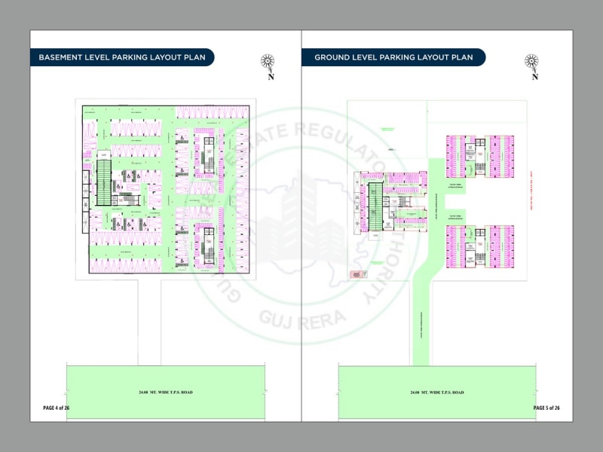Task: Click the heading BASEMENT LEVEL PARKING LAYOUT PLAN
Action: [121, 57]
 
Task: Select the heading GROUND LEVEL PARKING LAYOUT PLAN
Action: [393, 57]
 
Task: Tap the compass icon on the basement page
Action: [269, 62]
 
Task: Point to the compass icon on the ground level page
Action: [534, 62]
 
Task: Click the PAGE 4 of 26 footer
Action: [56, 408]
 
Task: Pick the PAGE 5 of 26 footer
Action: [546, 408]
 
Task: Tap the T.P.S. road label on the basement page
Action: [166, 393]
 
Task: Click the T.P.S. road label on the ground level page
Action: [437, 393]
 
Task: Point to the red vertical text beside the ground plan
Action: [531, 191]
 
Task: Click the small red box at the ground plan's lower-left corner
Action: [354, 275]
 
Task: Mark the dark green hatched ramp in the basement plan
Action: [103, 183]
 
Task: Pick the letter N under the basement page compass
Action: [270, 75]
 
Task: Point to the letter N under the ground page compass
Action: [535, 75]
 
